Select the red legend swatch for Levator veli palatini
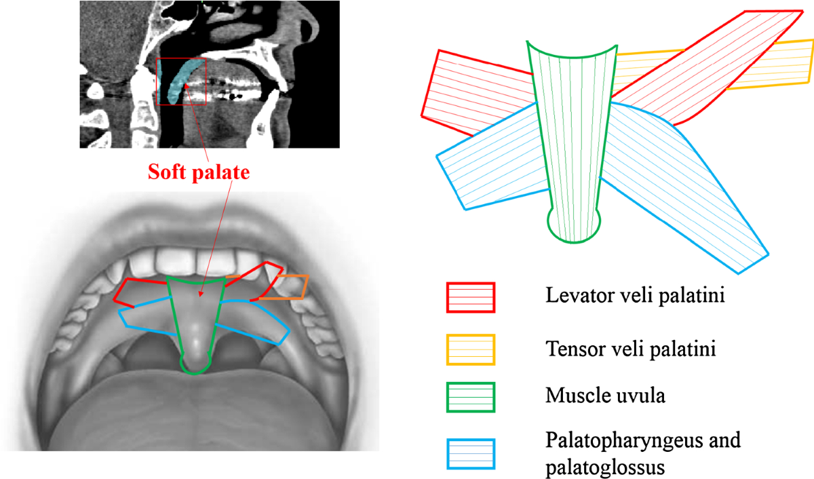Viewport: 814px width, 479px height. [471, 297]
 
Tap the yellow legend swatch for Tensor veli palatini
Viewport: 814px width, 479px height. [471, 349]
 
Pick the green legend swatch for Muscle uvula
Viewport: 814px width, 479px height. [471, 397]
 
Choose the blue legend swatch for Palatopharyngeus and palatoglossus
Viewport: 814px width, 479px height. [471, 455]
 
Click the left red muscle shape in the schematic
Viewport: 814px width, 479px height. [475, 88]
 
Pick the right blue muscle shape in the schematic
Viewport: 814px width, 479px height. [692, 197]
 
